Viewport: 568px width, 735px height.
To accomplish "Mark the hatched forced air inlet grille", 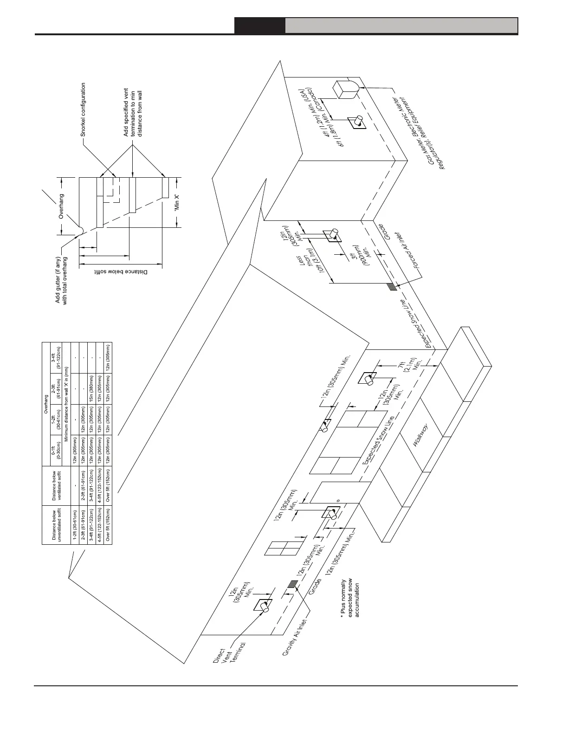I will coord(392,286).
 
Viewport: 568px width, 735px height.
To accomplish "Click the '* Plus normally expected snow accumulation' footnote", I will coord(350,599).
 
